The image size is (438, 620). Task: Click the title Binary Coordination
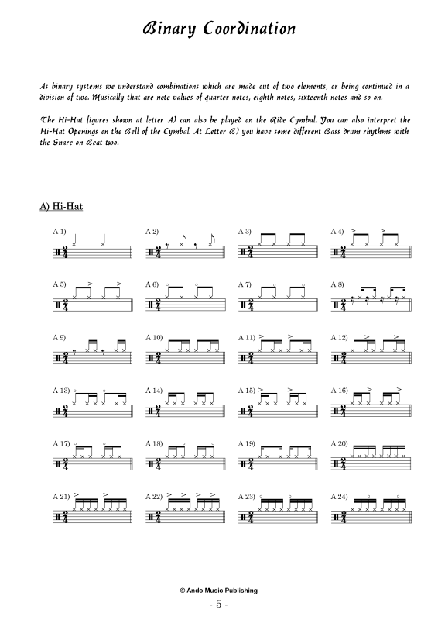pyautogui.click(x=219, y=29)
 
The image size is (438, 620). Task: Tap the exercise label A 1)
pyautogui.click(x=60, y=232)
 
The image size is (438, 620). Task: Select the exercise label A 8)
pyautogui.click(x=337, y=284)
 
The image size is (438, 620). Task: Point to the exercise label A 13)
pyautogui.click(x=61, y=390)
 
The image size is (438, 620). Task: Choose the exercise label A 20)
pyautogui.click(x=339, y=443)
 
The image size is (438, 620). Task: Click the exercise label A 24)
pyautogui.click(x=339, y=495)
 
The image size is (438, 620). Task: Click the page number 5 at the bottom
pyautogui.click(x=219, y=603)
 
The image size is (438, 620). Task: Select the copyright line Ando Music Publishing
pyautogui.click(x=219, y=590)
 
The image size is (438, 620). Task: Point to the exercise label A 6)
pyautogui.click(x=152, y=284)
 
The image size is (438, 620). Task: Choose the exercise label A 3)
pyautogui.click(x=245, y=232)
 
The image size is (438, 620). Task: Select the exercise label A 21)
pyautogui.click(x=61, y=495)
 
